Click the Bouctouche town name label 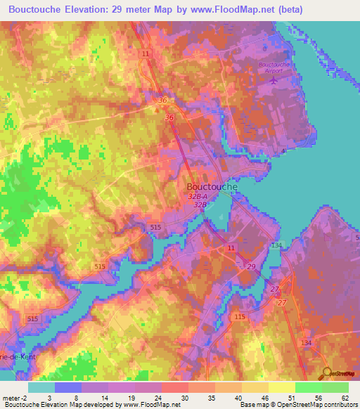point(213,187)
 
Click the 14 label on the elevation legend point(104,398)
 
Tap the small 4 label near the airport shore point(283,150)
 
